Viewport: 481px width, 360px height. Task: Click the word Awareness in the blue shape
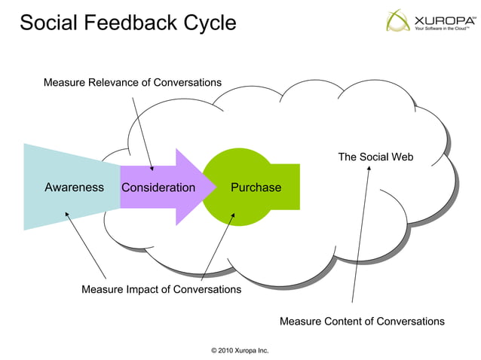(74, 188)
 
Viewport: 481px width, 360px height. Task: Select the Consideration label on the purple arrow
(158, 188)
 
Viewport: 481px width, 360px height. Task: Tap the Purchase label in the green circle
(256, 188)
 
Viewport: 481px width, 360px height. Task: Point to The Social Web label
(375, 157)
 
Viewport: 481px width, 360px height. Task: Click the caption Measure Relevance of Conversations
(132, 81)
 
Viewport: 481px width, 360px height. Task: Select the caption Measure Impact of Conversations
(161, 289)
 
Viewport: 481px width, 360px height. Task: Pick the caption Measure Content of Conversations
(362, 322)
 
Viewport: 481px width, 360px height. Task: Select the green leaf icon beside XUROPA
(399, 20)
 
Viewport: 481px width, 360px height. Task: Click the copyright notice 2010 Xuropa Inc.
(240, 350)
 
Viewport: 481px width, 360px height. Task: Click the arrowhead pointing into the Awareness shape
(67, 214)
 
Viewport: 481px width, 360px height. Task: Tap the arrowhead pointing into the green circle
(233, 215)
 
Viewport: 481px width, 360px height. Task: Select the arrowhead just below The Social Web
(369, 169)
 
